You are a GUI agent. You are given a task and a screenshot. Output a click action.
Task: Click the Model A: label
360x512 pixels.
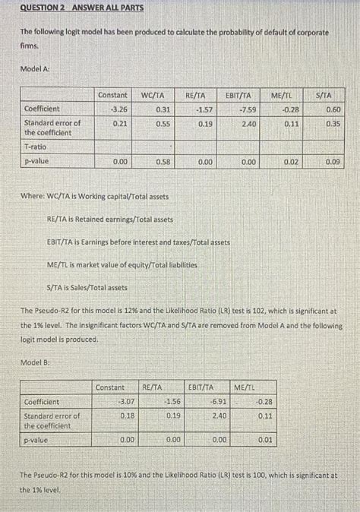(x=35, y=68)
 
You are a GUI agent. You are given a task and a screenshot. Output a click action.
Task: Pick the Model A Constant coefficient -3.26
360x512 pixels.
(x=113, y=109)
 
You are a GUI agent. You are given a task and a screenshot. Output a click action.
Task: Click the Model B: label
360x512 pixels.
(x=35, y=363)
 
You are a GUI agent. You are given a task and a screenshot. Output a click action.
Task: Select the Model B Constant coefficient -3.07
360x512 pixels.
(x=126, y=401)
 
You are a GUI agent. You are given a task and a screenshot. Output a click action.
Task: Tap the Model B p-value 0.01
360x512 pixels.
(x=264, y=440)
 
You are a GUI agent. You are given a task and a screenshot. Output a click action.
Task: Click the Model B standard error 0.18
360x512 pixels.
(x=128, y=416)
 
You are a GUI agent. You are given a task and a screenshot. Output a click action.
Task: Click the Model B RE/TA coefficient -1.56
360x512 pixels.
(x=172, y=401)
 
